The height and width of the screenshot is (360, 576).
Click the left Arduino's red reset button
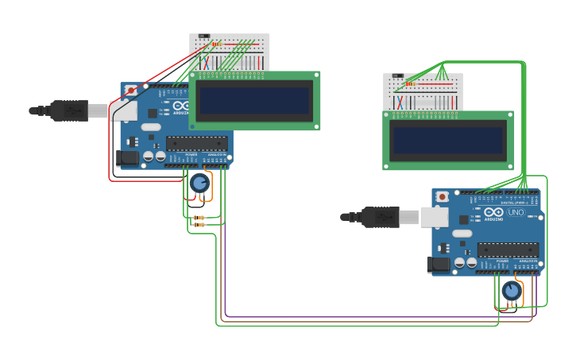click(131, 90)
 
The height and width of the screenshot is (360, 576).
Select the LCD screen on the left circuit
click(254, 101)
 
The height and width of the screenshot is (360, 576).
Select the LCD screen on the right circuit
click(448, 141)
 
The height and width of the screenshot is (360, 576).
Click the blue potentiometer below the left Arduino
click(199, 184)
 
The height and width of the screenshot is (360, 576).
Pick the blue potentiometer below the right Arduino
click(511, 292)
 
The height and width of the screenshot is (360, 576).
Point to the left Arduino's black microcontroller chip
click(196, 144)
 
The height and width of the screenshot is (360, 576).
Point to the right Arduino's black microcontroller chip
click(508, 250)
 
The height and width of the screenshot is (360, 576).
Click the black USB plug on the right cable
click(380, 216)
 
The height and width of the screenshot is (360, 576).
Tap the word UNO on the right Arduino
click(516, 212)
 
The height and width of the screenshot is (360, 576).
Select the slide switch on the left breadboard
click(204, 37)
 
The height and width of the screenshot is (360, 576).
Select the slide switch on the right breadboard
click(399, 76)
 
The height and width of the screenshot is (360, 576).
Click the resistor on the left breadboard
click(217, 44)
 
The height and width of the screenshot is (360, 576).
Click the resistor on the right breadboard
click(411, 83)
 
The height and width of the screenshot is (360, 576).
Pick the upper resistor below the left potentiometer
click(199, 217)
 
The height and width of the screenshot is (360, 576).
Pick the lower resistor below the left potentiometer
click(199, 225)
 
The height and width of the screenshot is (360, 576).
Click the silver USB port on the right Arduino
click(435, 216)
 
